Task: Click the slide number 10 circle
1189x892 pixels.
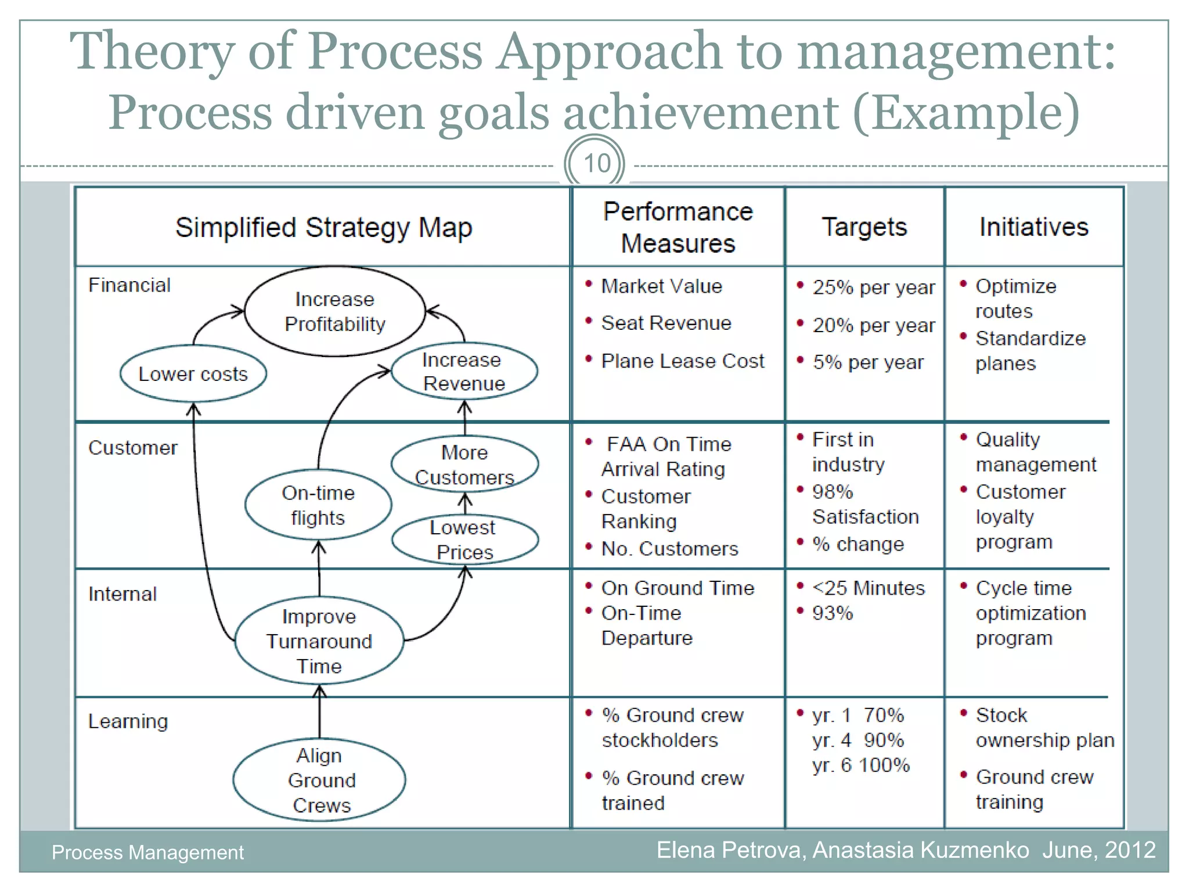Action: pyautogui.click(x=594, y=164)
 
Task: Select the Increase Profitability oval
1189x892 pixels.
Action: pyautogui.click(x=335, y=311)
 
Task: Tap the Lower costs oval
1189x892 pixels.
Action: pyautogui.click(x=193, y=374)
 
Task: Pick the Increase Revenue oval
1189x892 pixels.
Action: pyautogui.click(x=464, y=372)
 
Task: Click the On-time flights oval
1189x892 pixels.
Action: pyautogui.click(x=318, y=505)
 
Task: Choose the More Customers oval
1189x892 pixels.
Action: pyautogui.click(x=464, y=465)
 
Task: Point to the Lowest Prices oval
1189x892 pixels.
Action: pyautogui.click(x=464, y=539)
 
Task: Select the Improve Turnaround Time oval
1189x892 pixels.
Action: pyautogui.click(x=319, y=641)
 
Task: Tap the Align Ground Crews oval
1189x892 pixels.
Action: pyautogui.click(x=320, y=780)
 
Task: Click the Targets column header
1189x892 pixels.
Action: pyautogui.click(x=864, y=227)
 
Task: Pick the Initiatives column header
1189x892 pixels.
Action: pyautogui.click(x=1033, y=227)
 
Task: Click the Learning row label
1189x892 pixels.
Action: pyautogui.click(x=128, y=721)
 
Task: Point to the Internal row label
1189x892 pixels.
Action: pyautogui.click(x=122, y=594)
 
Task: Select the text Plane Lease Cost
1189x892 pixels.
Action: pyautogui.click(x=682, y=361)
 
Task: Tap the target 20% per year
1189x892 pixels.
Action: pyautogui.click(x=873, y=325)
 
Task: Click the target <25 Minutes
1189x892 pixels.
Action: pyautogui.click(x=868, y=588)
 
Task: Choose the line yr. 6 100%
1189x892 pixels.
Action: pyautogui.click(x=860, y=765)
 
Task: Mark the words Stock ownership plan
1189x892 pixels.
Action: pyautogui.click(x=1044, y=728)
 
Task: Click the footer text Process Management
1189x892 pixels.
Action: pyautogui.click(x=147, y=852)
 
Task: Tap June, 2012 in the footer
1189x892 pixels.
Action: pyautogui.click(x=1098, y=850)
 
